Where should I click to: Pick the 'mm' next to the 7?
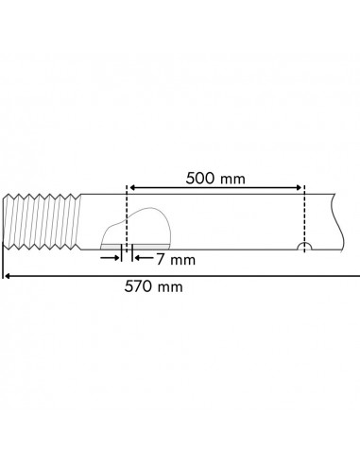point(180,258)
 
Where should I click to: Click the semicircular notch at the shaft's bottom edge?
point(304,249)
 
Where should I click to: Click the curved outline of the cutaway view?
point(151,210)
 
